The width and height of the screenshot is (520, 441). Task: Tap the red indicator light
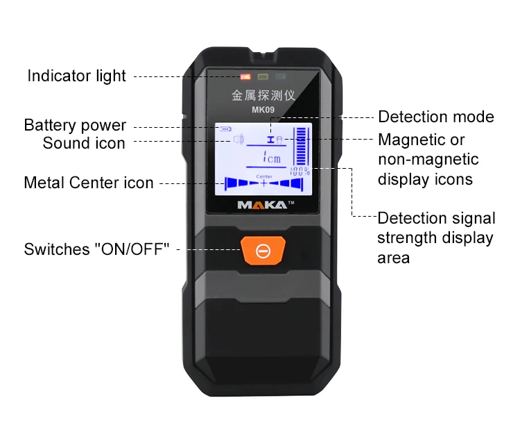pos(245,78)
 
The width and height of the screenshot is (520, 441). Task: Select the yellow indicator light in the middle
pos(262,78)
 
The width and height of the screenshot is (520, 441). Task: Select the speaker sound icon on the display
pos(239,140)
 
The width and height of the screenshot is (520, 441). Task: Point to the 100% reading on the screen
pos(300,170)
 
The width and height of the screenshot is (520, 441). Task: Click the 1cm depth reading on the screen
pos(271,158)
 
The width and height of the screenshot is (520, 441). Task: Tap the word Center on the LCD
pos(264,176)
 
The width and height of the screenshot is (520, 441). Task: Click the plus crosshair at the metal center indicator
pos(264,184)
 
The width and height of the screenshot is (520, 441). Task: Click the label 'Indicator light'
pos(77,76)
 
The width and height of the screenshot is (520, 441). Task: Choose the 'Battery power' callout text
pos(75,126)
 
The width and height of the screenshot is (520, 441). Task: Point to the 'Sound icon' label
pos(84,143)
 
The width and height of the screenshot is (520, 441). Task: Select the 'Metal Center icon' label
pos(89,183)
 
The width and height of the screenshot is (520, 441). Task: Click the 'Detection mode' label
pos(436,117)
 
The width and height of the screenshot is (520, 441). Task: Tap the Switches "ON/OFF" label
pos(97,249)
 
